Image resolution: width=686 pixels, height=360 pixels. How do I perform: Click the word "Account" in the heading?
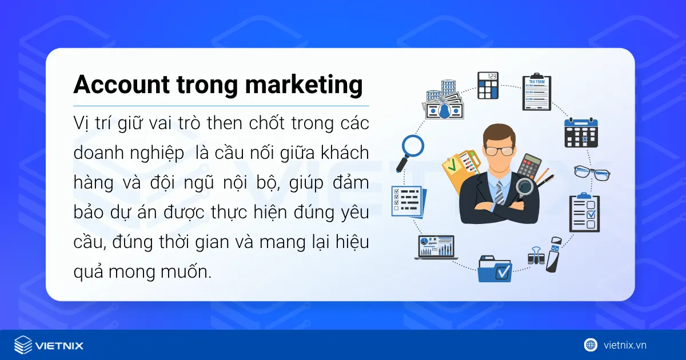121,85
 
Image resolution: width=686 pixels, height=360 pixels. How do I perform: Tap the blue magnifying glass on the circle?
412,147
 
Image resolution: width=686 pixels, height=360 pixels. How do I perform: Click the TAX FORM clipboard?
536,91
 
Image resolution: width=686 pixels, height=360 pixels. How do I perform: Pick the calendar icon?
580,133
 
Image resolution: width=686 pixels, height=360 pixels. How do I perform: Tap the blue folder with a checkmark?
494,268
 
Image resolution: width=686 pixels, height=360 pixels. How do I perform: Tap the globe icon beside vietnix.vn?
590,345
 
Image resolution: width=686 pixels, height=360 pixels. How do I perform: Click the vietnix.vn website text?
625,345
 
